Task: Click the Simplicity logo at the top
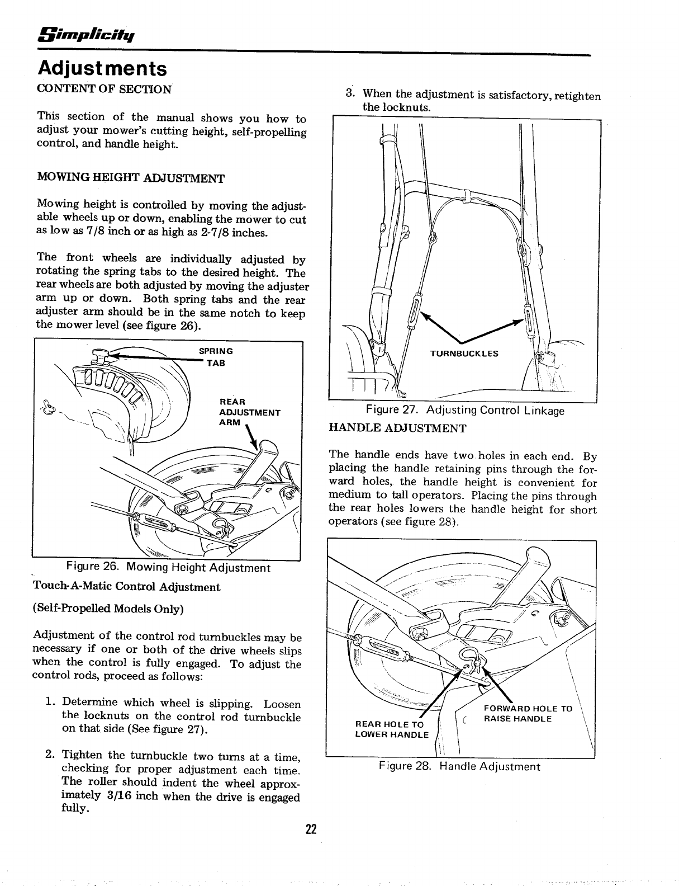point(85,35)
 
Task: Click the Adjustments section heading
point(102,69)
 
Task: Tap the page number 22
point(311,830)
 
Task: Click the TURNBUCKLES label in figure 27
point(464,354)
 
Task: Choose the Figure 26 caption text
point(168,568)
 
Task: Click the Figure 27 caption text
point(465,411)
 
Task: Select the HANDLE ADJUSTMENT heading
point(397,428)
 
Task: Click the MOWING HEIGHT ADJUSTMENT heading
point(130,178)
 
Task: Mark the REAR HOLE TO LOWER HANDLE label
point(392,729)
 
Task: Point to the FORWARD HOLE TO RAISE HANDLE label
point(528,713)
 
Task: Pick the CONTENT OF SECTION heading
point(103,89)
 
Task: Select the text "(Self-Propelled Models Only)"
point(108,609)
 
